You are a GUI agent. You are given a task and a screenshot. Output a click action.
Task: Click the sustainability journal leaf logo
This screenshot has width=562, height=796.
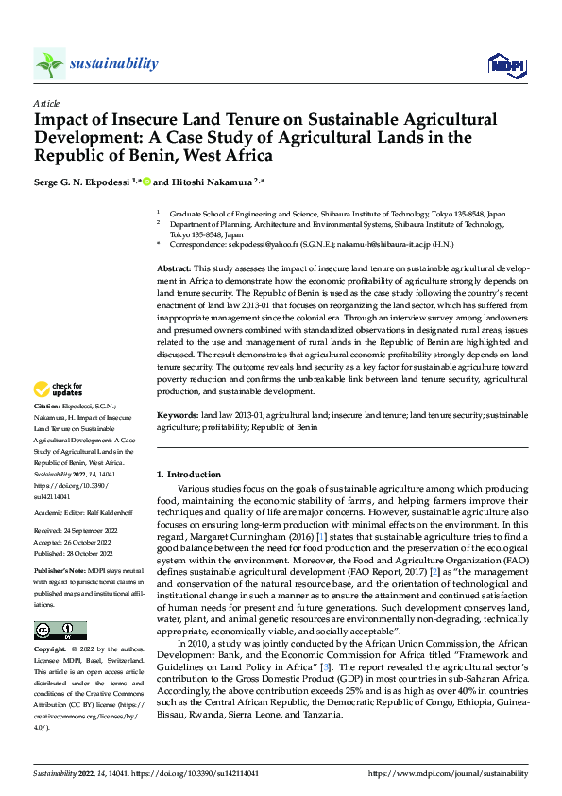(49, 63)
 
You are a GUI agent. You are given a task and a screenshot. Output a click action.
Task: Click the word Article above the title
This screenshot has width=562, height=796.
(46, 102)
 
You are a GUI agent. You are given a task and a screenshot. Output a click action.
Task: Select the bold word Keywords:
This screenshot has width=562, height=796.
(178, 415)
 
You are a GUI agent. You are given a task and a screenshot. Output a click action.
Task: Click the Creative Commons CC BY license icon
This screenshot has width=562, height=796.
(60, 630)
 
